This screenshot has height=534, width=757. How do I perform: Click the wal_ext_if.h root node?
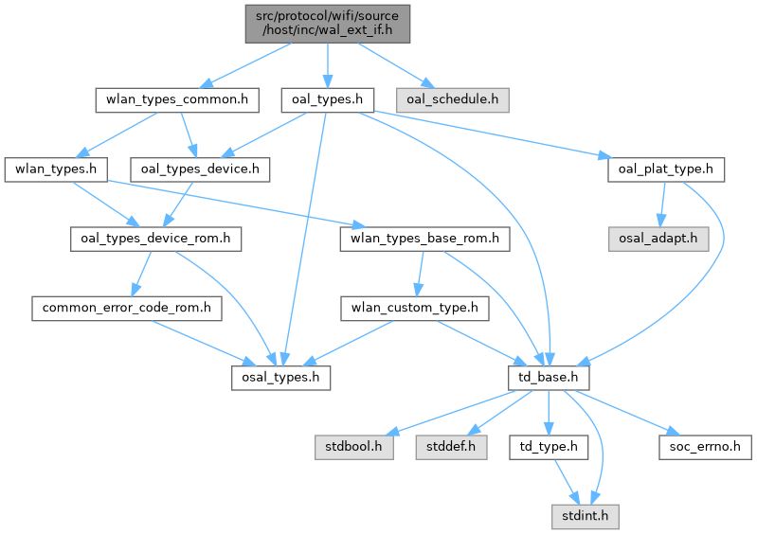326,24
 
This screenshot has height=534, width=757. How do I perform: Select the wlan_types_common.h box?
177,98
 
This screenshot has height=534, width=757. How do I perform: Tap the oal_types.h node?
325,98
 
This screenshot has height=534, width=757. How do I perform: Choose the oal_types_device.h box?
200,169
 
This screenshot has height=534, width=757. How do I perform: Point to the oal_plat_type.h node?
666,169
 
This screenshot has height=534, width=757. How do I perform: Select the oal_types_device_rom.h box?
153,239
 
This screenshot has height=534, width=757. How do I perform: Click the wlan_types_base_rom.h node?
424,239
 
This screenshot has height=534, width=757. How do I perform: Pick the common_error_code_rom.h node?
126,308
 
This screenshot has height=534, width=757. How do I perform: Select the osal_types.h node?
281,378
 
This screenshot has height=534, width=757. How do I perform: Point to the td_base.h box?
550,378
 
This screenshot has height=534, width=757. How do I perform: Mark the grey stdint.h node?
586,517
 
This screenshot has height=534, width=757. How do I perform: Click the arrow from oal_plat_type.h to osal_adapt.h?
662,204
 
